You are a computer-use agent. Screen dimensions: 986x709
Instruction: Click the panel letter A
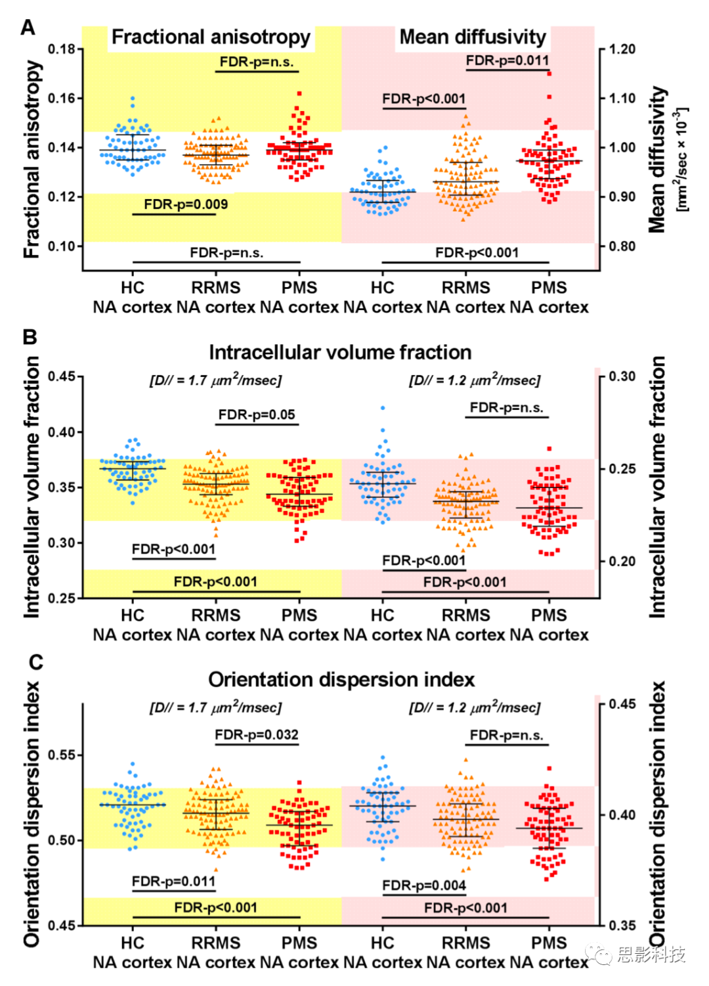pos(28,28)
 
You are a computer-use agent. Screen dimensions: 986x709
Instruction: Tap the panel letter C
pos(36,662)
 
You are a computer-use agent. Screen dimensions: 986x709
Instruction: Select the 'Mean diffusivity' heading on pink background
pos(473,37)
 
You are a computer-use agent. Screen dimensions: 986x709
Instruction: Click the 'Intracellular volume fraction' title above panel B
pos(340,353)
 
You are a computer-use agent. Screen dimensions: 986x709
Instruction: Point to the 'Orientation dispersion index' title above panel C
pos(341,679)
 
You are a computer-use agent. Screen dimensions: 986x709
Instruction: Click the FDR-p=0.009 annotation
pos(186,204)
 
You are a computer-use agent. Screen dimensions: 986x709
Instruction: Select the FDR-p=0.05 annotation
pos(257,415)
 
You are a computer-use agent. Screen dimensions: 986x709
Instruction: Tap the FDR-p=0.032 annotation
pos(257,734)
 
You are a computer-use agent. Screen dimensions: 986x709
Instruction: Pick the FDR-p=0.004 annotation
pos(424,885)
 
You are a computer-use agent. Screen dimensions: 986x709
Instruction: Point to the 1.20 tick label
pos(622,49)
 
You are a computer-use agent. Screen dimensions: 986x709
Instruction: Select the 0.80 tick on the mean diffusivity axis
pos(622,246)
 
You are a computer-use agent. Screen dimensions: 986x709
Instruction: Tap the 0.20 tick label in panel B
pos(622,561)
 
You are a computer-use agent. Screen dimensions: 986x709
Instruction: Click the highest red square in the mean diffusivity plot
pos(549,74)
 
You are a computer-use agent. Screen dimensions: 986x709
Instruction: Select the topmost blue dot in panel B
pos(383,408)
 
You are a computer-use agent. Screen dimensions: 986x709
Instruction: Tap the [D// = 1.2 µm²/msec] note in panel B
pos(475,380)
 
